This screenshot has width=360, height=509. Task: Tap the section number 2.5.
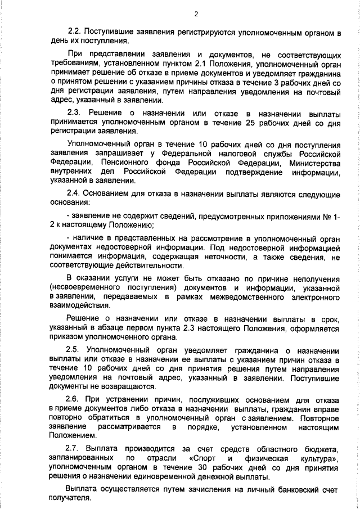click(75, 349)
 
